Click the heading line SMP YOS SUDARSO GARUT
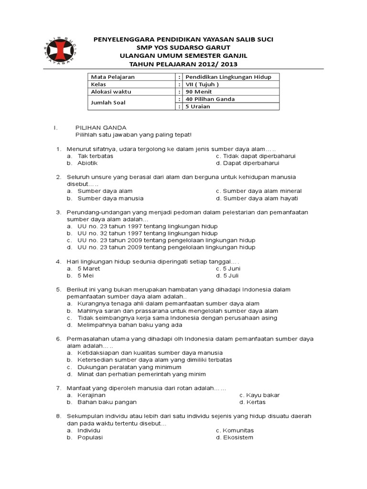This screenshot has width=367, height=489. tap(183, 48)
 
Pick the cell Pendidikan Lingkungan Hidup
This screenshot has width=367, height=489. tap(221, 77)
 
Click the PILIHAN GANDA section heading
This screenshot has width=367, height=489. tap(101, 128)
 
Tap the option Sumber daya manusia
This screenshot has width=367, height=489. tap(110, 198)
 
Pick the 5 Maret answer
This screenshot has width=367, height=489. tap(89, 268)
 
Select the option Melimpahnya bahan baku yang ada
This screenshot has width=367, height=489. tap(130, 325)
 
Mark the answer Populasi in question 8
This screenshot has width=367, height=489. tap(90, 437)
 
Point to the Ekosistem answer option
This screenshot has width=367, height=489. tap(238, 437)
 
